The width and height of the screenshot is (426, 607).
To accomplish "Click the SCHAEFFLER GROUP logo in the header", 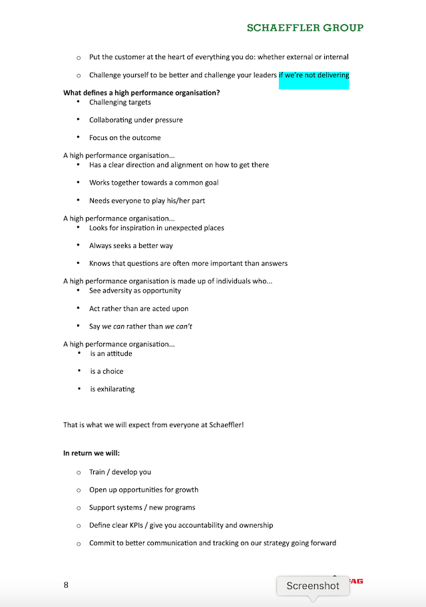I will coord(305,28).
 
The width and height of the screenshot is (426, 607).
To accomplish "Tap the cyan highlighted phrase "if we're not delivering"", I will coord(314,76).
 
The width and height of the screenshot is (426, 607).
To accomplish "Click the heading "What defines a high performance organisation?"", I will coord(141,93).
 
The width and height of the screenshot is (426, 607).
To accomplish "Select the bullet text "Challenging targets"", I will coord(120,103).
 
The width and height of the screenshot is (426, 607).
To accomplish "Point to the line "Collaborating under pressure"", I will coord(136,121).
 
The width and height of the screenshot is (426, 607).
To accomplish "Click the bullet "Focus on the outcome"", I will coord(124,138).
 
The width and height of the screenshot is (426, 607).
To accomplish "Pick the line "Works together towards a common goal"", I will coord(154,183).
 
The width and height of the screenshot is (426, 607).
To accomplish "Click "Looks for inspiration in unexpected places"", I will coord(156,228).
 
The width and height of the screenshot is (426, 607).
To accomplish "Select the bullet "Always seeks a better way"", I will coord(130,246).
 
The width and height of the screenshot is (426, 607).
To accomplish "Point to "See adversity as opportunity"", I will coord(134,291).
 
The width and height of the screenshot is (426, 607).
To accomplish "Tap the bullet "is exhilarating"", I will coord(112,389).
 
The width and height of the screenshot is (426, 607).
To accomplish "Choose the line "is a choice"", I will coord(106,372).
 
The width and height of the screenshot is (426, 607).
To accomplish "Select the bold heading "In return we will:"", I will coord(91,453).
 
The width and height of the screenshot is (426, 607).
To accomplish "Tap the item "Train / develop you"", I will coord(120,472).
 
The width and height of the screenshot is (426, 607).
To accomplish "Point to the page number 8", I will coord(66,585).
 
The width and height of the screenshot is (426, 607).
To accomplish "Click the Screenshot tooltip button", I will coord(313,586).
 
